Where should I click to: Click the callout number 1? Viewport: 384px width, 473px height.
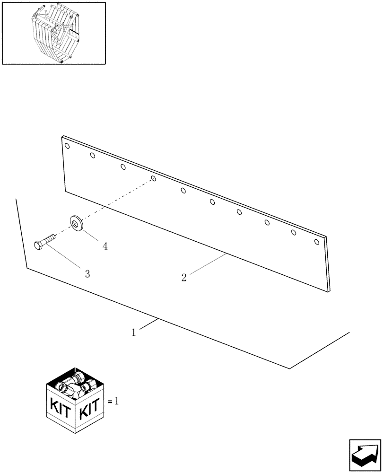tap(134, 333)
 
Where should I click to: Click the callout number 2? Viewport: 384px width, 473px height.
tap(184, 278)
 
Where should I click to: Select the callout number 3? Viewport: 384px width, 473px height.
tap(87, 273)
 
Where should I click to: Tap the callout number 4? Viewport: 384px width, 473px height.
tap(105, 246)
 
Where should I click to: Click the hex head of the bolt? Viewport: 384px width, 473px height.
tap(39, 245)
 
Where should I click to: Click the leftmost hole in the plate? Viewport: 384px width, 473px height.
tap(67, 146)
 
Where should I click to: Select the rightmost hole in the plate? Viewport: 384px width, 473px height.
tap(317, 242)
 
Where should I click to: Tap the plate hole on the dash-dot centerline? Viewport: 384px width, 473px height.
tap(153, 179)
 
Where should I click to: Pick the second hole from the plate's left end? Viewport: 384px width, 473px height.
tap(93, 156)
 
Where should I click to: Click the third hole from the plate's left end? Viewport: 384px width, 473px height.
tap(123, 166)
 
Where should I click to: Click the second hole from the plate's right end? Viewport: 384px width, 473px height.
tap(293, 232)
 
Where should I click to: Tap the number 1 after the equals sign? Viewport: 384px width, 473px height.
tap(116, 401)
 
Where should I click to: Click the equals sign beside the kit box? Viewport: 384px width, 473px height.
tap(110, 402)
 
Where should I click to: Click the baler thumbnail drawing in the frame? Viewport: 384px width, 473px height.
tap(54, 33)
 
